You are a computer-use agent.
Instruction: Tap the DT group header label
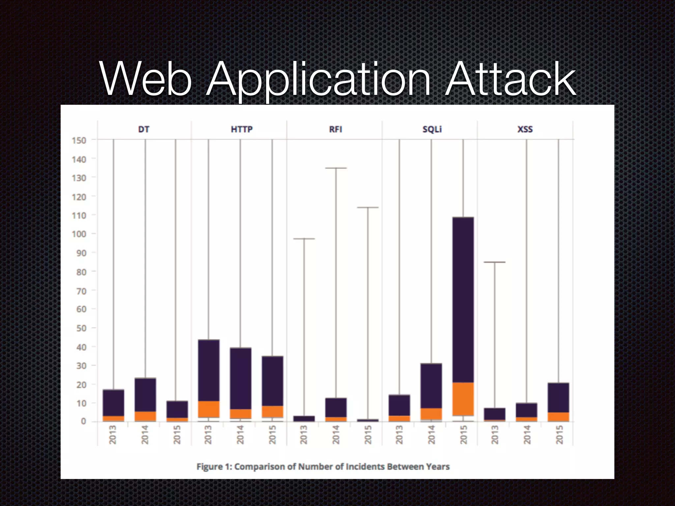tap(144, 129)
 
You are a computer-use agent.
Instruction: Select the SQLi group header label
tap(432, 129)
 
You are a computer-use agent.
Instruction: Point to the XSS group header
tap(525, 129)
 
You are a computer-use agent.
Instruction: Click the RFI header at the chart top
tap(336, 129)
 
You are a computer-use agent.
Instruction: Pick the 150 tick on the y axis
tap(79, 140)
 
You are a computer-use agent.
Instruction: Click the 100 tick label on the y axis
tap(79, 234)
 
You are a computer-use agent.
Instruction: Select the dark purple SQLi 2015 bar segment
tap(463, 300)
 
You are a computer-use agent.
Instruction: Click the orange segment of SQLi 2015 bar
tap(463, 399)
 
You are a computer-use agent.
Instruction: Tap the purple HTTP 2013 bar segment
tap(208, 370)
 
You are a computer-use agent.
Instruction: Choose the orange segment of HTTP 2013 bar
tap(208, 409)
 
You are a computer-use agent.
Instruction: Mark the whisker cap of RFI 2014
tap(336, 168)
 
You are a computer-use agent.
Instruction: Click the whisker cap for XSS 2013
tap(495, 262)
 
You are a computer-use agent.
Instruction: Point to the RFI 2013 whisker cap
tap(304, 239)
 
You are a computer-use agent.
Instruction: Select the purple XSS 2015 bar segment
tap(558, 398)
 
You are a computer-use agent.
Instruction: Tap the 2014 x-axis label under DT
tap(145, 435)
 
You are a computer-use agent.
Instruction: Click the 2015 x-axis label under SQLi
tap(463, 435)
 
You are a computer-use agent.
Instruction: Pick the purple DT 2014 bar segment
tap(145, 395)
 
